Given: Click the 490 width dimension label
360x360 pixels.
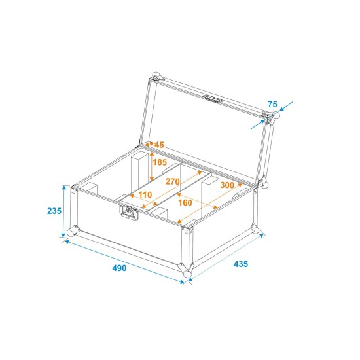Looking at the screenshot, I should coord(118,268).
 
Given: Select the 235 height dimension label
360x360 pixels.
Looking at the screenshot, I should coord(54,210).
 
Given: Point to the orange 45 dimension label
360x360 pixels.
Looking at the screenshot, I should coord(158,145).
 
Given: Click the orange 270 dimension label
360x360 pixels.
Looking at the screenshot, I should coord(173,181).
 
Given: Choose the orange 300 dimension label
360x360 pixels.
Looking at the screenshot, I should coord(226,185).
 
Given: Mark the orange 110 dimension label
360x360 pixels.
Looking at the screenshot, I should coord(145,195).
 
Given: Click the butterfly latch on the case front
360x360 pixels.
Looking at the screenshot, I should coord(130,212).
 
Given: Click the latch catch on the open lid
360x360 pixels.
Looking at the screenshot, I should coord(212,100).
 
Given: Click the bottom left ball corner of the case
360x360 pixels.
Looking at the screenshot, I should coord(73,232).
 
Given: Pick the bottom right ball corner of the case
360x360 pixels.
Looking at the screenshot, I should coord(255,228).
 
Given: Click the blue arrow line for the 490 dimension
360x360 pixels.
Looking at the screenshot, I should coord(124,261).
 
